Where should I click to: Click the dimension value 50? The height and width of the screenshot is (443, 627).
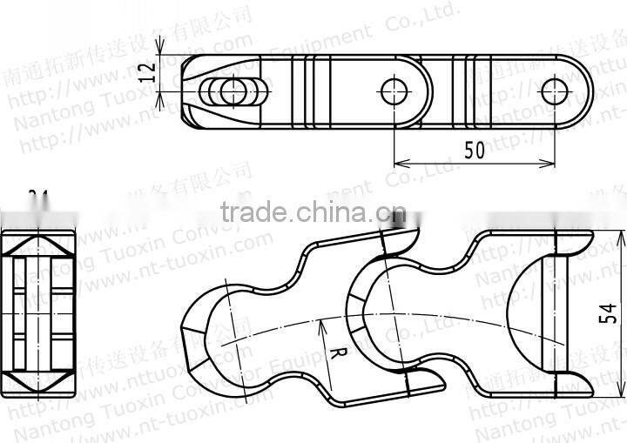tap(474, 150)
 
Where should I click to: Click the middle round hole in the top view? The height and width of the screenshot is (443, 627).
tap(392, 89)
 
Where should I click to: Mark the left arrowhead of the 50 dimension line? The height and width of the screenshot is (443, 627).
tap(397, 163)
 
